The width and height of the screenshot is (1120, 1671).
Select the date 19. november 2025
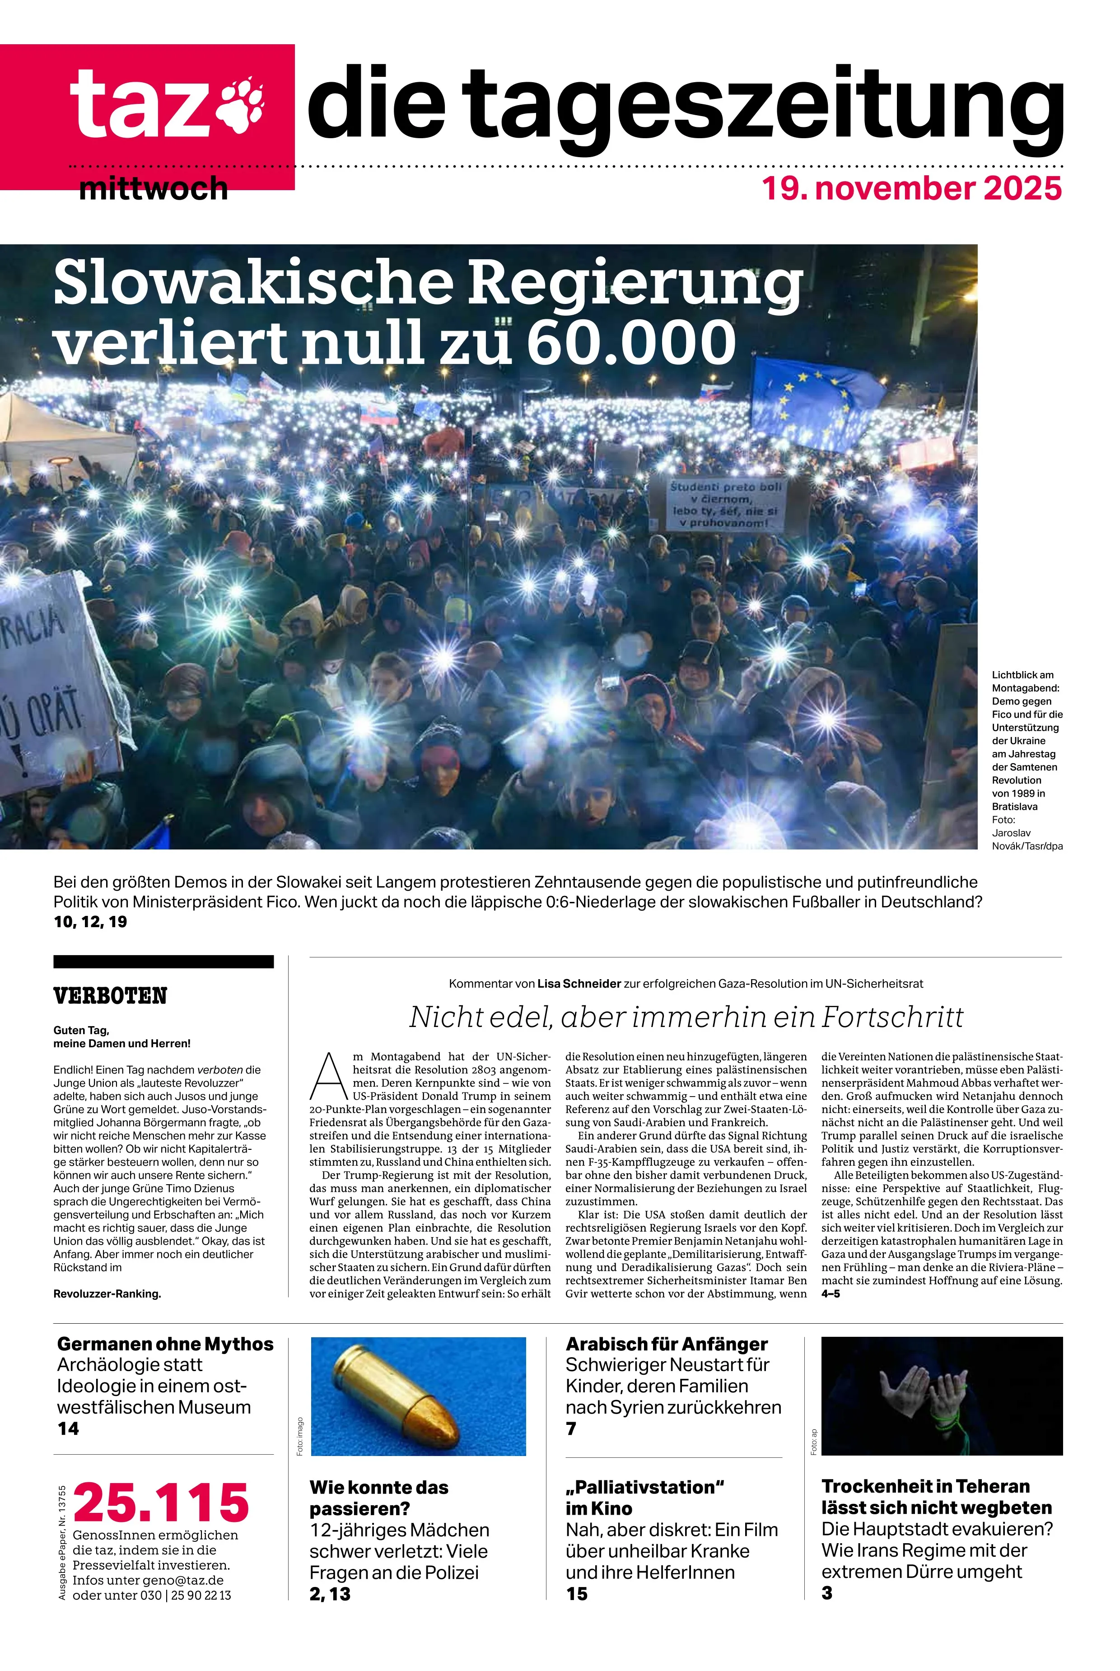(911, 188)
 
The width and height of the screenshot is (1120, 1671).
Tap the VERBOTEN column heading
(110, 995)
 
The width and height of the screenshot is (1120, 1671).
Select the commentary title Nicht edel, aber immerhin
(686, 1016)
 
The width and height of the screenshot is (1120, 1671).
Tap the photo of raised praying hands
(942, 1396)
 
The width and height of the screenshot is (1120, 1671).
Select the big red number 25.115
(161, 1503)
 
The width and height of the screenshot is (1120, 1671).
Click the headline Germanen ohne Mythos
(165, 1344)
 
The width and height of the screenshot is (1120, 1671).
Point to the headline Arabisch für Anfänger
(667, 1344)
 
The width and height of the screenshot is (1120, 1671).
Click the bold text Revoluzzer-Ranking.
(107, 1294)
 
